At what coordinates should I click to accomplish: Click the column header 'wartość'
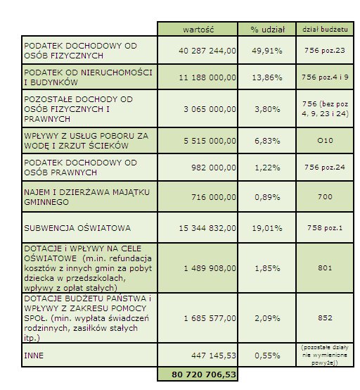[198, 30]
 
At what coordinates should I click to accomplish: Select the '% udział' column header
[267, 30]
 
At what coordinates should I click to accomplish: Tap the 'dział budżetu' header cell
[325, 30]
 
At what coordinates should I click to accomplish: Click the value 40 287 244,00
[207, 51]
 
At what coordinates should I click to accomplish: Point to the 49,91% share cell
[267, 51]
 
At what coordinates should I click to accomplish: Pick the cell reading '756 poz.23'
[325, 51]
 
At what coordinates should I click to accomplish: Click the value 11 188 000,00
[207, 77]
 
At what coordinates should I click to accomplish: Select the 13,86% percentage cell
[267, 77]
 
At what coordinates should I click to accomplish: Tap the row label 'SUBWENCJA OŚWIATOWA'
[77, 228]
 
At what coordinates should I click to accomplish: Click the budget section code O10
[325, 141]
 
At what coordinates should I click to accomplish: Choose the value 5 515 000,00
[210, 141]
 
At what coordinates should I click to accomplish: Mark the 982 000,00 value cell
[214, 168]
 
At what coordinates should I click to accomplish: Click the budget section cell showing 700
[325, 197]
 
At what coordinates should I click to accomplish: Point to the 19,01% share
[267, 228]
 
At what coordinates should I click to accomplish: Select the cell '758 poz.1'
[325, 228]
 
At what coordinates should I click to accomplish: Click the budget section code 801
[325, 268]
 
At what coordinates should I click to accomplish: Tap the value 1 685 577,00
[210, 318]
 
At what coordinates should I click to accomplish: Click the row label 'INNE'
[34, 356]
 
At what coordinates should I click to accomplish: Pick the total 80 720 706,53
[204, 375]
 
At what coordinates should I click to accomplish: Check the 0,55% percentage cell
[267, 356]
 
